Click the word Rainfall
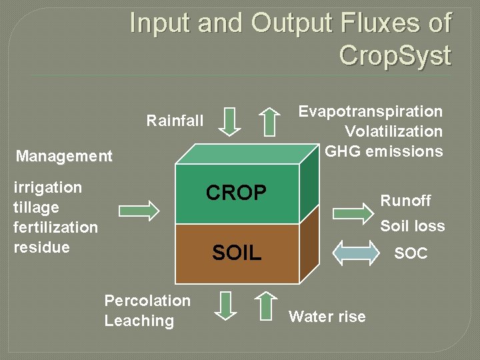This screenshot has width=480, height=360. (175, 121)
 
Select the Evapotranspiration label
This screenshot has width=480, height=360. (370, 111)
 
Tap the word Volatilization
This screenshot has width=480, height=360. (393, 131)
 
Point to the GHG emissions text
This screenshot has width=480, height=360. (383, 151)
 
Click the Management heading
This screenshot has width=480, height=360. (64, 157)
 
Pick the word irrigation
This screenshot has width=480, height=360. (47, 187)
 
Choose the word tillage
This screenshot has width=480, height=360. (36, 207)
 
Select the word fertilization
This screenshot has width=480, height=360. (55, 227)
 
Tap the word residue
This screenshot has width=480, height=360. (41, 247)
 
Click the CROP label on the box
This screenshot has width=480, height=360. (236, 193)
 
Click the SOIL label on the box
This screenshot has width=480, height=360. (236, 253)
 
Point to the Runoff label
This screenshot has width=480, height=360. (405, 201)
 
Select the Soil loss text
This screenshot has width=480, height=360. (412, 227)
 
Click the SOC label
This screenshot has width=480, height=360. (411, 254)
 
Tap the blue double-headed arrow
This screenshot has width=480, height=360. (355, 253)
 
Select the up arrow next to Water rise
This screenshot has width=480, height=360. (266, 306)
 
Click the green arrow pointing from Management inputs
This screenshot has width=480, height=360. (139, 211)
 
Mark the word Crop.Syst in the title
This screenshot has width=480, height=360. (395, 55)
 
